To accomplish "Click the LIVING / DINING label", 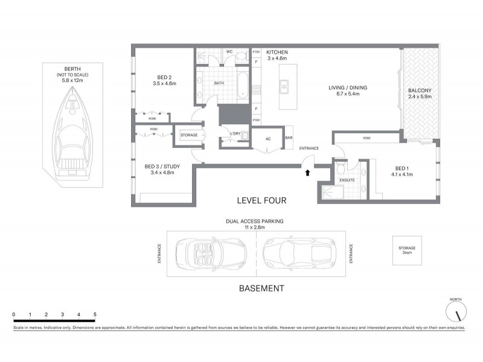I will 347,91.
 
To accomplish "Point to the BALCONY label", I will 420,94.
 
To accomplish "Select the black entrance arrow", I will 307,173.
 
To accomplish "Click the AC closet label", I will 268,138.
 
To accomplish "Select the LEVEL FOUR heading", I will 261,200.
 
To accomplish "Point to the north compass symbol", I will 457,312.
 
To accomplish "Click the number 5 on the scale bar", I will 95,315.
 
